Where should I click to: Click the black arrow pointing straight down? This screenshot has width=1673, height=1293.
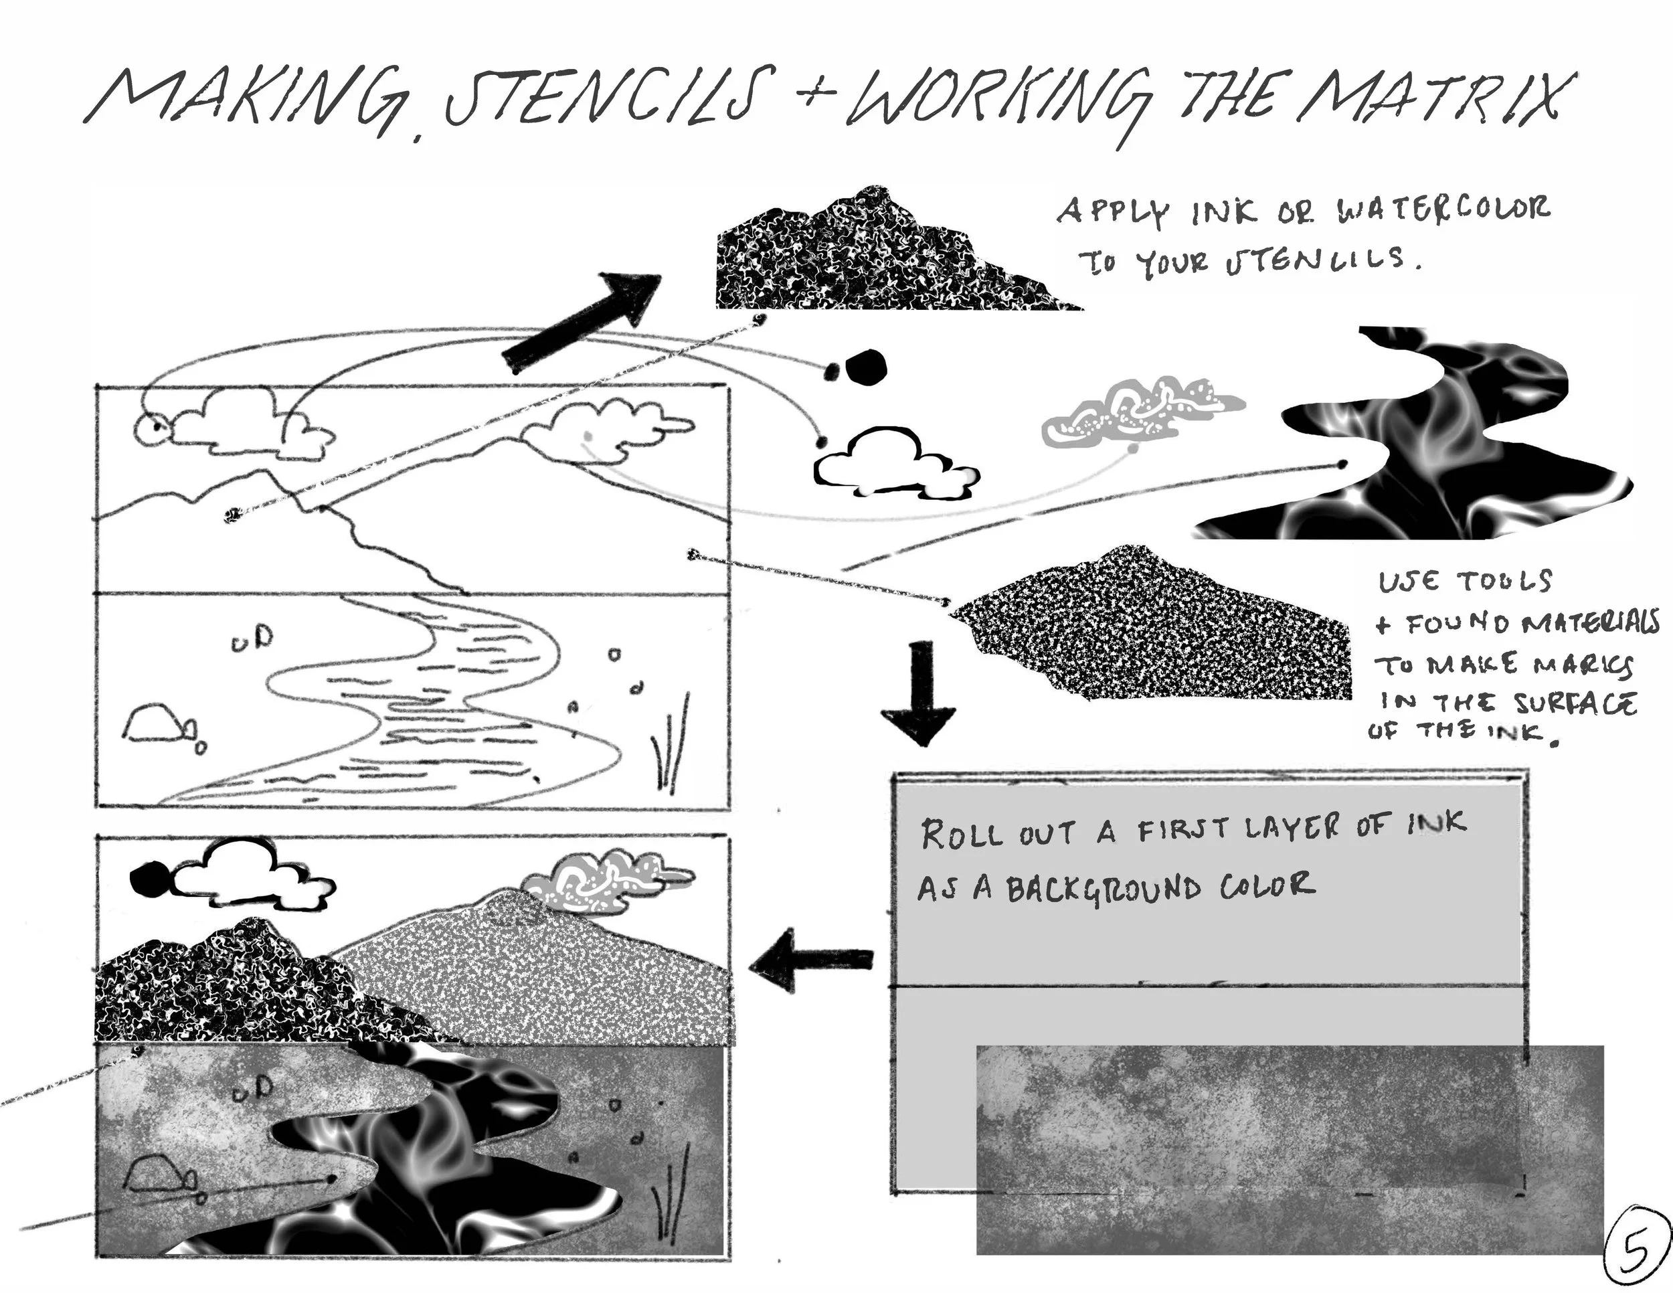[918, 693]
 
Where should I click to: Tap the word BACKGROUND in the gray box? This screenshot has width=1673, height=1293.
[1104, 889]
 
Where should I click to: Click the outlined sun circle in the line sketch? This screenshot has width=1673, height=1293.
[150, 429]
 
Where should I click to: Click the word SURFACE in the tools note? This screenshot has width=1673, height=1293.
[1574, 703]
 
